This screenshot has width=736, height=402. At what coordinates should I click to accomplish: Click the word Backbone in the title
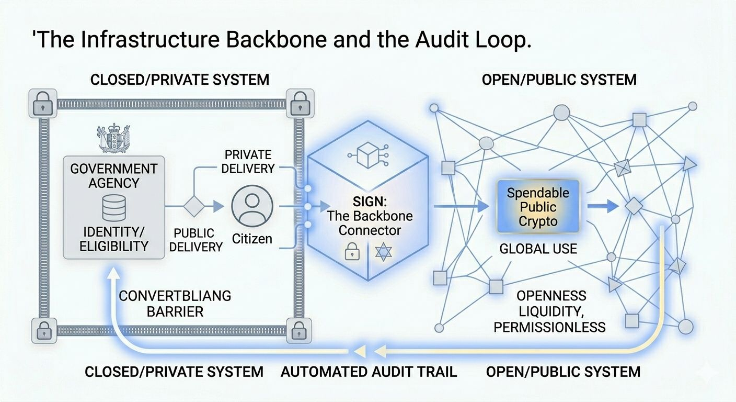[277, 39]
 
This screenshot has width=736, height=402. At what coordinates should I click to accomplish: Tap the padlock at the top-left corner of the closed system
[43, 103]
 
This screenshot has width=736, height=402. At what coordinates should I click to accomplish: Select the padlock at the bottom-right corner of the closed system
[298, 330]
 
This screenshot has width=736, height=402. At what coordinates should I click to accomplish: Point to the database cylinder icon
[113, 208]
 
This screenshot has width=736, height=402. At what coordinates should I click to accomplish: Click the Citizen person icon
[252, 206]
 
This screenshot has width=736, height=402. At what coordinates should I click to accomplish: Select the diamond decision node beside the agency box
[194, 206]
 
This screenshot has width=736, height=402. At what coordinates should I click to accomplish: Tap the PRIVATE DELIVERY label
[248, 162]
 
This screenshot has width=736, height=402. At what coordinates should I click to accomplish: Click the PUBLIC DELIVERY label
[196, 240]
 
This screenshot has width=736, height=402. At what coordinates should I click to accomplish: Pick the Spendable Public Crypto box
[538, 207]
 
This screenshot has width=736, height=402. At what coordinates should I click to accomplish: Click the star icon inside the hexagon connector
[384, 252]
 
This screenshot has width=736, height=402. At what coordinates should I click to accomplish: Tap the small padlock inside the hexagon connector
[352, 252]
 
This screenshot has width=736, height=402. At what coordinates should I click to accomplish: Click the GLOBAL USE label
[538, 249]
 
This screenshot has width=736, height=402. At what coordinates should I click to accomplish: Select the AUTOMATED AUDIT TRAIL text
[369, 372]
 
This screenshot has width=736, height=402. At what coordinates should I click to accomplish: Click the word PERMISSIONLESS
[549, 327]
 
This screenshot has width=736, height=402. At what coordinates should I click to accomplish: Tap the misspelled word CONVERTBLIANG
[175, 296]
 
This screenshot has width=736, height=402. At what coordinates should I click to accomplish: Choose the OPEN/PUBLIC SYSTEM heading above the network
[559, 80]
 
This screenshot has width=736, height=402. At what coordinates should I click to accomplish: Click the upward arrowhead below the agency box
[114, 273]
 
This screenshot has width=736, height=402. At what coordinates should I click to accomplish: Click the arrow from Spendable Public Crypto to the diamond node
[603, 206]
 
